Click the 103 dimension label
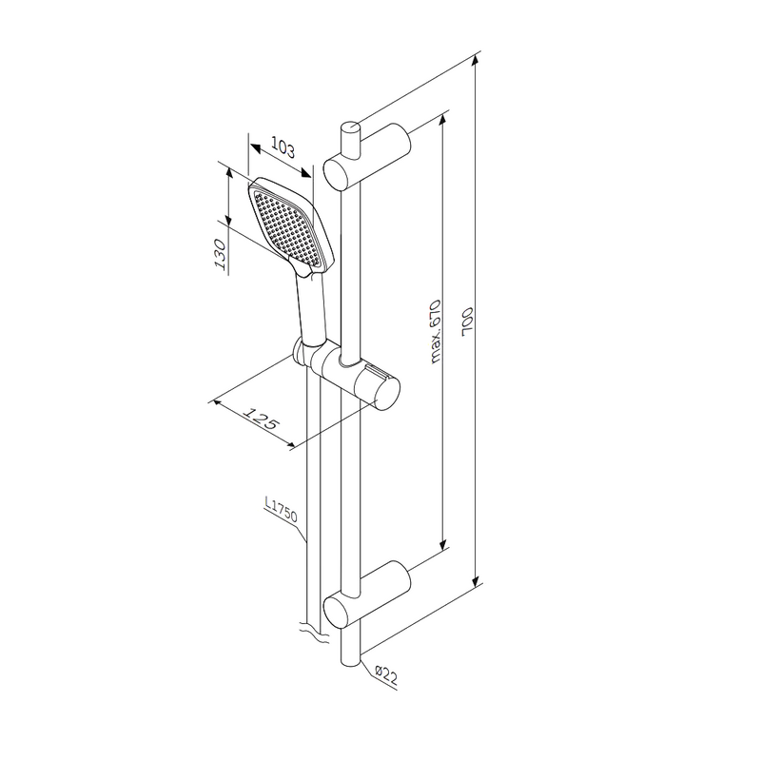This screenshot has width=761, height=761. [x=283, y=147]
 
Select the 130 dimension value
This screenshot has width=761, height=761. [x=221, y=254]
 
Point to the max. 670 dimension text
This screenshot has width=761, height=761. [x=435, y=331]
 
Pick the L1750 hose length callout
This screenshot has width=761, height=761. [x=281, y=509]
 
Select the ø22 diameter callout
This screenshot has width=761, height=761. [x=387, y=675]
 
